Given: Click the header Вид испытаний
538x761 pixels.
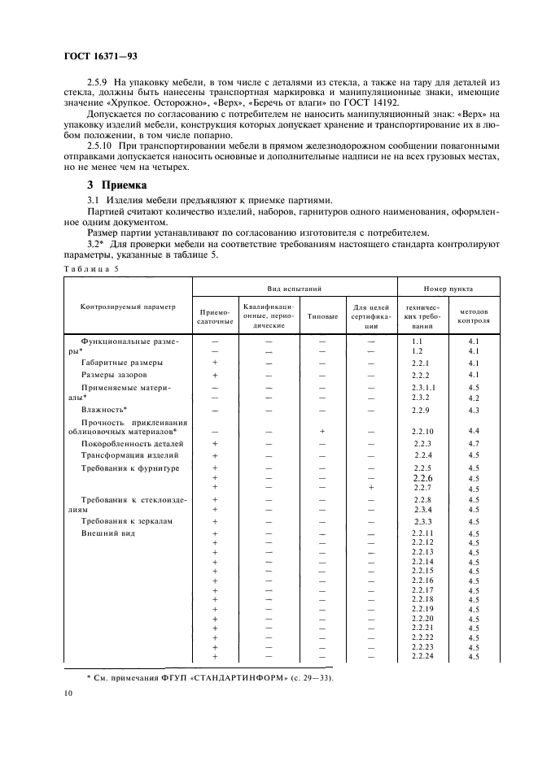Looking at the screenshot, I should click(294, 289).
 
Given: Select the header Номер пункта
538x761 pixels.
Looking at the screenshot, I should click(448, 289).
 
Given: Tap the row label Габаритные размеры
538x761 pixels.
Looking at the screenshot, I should click(122, 363).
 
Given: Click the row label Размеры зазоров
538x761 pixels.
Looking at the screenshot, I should click(115, 375).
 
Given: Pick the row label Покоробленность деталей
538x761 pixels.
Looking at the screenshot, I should click(133, 444).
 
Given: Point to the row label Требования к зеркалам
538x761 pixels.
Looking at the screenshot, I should click(128, 520).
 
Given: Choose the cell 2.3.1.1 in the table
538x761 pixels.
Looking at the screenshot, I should click(423, 389).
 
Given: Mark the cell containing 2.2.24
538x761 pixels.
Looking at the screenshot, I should click(422, 656).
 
